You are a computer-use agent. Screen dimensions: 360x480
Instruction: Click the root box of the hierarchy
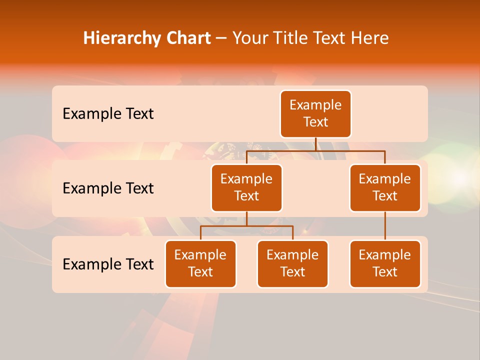[x=315, y=114]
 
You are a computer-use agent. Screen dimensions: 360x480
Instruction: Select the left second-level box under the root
[x=246, y=188]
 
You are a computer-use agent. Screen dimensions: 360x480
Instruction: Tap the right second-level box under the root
[x=385, y=188]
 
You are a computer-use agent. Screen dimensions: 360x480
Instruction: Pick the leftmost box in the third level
[x=200, y=264]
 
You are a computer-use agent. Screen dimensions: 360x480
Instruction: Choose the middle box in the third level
[x=292, y=264]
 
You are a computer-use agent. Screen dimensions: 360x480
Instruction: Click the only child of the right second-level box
[x=385, y=264]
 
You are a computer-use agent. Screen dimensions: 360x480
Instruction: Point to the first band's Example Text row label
[x=108, y=114]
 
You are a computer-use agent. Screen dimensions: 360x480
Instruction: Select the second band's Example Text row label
[x=108, y=188]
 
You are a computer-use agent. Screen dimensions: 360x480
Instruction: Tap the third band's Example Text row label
[x=108, y=264]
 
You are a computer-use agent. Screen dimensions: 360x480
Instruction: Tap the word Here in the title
[x=369, y=38]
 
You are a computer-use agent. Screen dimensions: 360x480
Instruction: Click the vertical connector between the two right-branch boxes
[x=385, y=226]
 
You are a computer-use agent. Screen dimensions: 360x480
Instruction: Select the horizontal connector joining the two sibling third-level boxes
[x=246, y=226]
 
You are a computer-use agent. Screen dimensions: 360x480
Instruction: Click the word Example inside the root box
[x=315, y=105]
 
